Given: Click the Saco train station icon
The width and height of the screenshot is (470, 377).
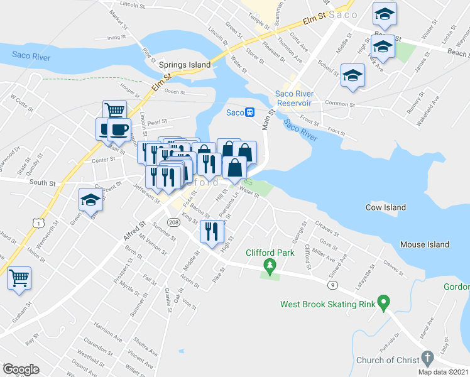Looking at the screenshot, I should pyautogui.click(x=249, y=112).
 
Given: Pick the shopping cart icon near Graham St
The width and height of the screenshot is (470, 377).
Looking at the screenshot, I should pyautogui.click(x=19, y=278).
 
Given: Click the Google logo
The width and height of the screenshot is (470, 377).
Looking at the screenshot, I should pyautogui.click(x=21, y=369).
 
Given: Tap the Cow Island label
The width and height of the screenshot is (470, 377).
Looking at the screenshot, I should pyautogui.click(x=386, y=207).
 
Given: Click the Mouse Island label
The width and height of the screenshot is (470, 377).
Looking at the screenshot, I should pyautogui.click(x=425, y=244).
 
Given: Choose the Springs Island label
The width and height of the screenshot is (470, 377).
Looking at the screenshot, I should pyautogui.click(x=183, y=65).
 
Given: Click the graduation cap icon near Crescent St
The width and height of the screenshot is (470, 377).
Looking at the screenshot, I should pyautogui.click(x=91, y=200).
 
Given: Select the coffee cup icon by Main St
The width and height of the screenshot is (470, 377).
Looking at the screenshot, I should pyautogui.click(x=118, y=130).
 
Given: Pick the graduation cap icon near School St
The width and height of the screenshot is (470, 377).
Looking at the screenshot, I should pyautogui.click(x=353, y=75).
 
